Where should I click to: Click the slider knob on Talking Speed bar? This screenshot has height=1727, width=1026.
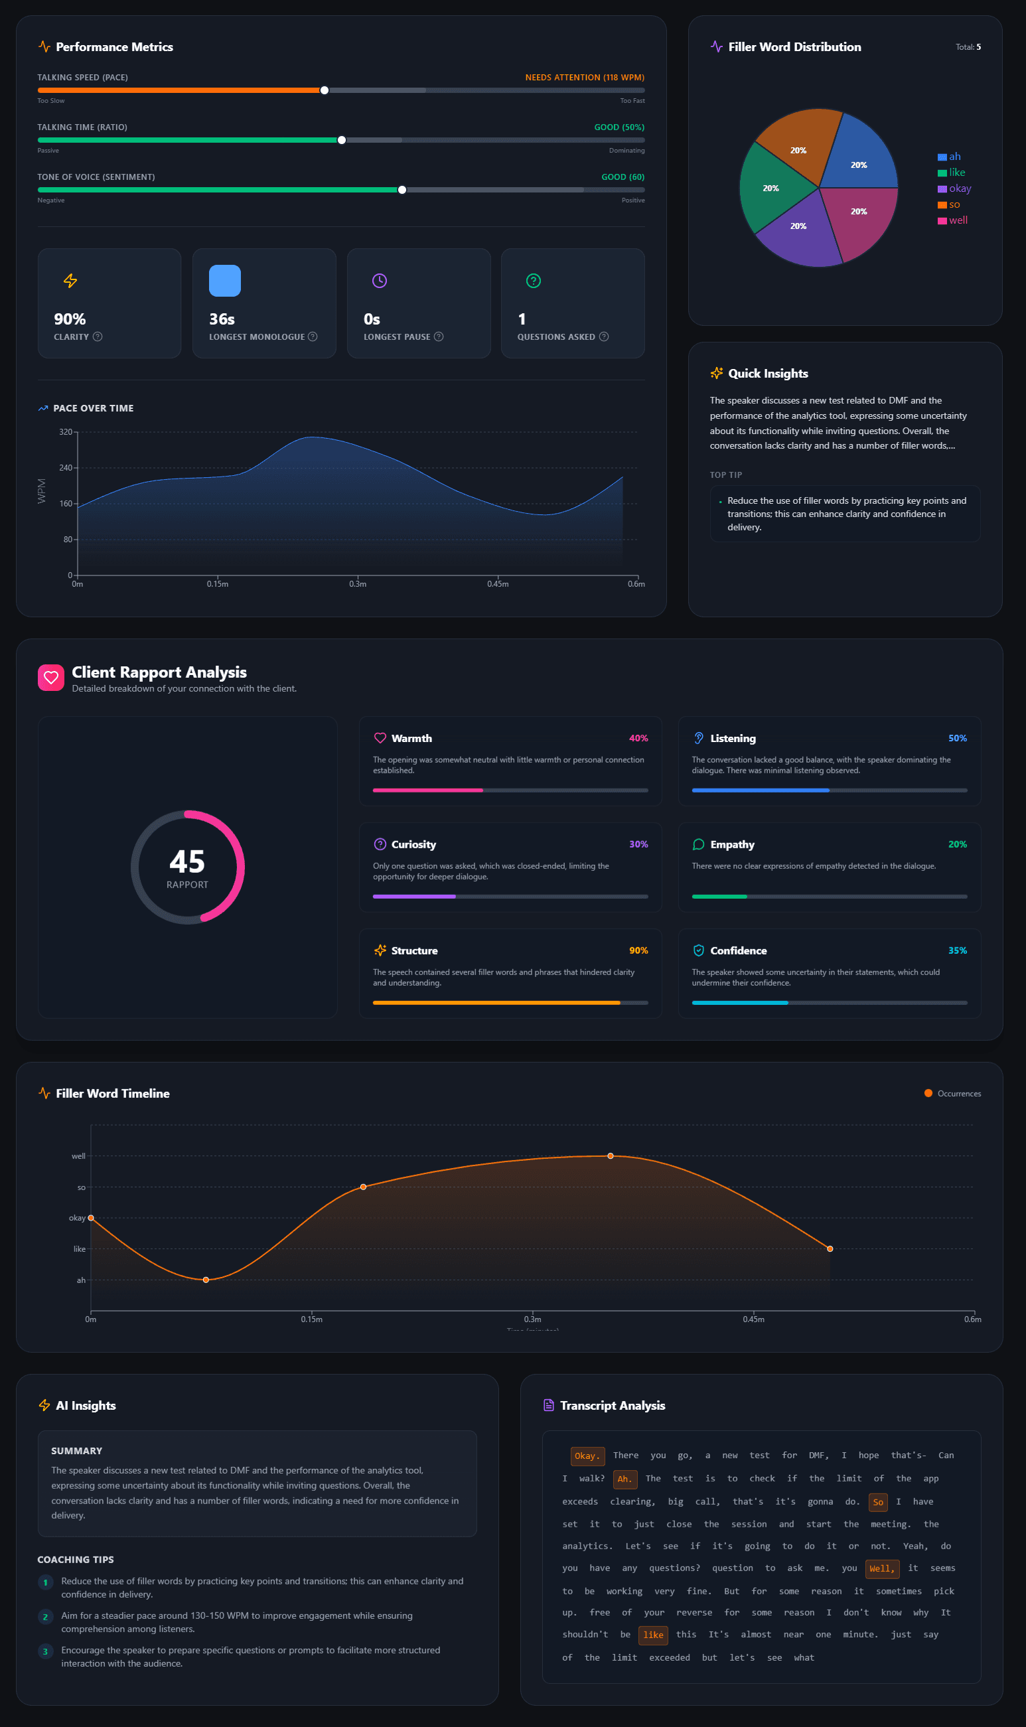(x=325, y=90)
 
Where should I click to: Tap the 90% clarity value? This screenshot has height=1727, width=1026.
(x=70, y=319)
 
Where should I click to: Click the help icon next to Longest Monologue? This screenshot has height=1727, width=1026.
(x=313, y=337)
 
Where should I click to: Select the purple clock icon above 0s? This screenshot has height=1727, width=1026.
(x=380, y=281)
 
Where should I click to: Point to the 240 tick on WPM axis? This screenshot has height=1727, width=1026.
(x=66, y=468)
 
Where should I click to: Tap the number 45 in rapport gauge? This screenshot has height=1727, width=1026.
(x=186, y=862)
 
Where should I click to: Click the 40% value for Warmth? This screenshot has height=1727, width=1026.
(x=638, y=738)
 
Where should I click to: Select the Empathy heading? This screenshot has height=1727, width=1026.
(x=731, y=844)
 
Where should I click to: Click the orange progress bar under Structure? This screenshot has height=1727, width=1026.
(x=496, y=1002)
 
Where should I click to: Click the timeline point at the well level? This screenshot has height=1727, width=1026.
(x=610, y=1156)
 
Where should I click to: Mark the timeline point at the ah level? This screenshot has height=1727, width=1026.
(x=206, y=1280)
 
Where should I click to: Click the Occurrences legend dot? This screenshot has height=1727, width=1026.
(x=928, y=1093)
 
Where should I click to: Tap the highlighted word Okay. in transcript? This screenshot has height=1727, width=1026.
(x=587, y=1456)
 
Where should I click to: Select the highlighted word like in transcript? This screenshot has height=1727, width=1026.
(x=652, y=1634)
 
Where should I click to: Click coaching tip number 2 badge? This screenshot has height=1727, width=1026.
(x=46, y=1616)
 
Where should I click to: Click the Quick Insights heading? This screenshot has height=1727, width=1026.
(x=767, y=373)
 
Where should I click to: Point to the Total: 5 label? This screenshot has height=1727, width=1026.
(x=968, y=47)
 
